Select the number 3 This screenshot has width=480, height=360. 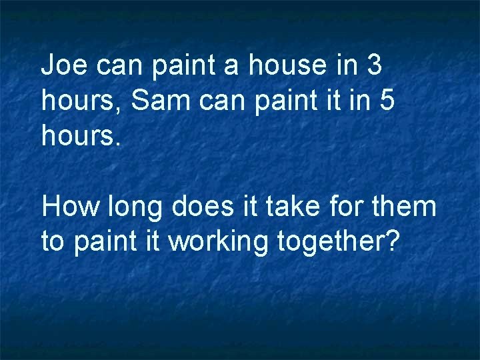pyautogui.click(x=374, y=65)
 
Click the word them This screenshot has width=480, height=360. pyautogui.click(x=407, y=207)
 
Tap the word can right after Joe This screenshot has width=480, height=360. pyautogui.click(x=119, y=67)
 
